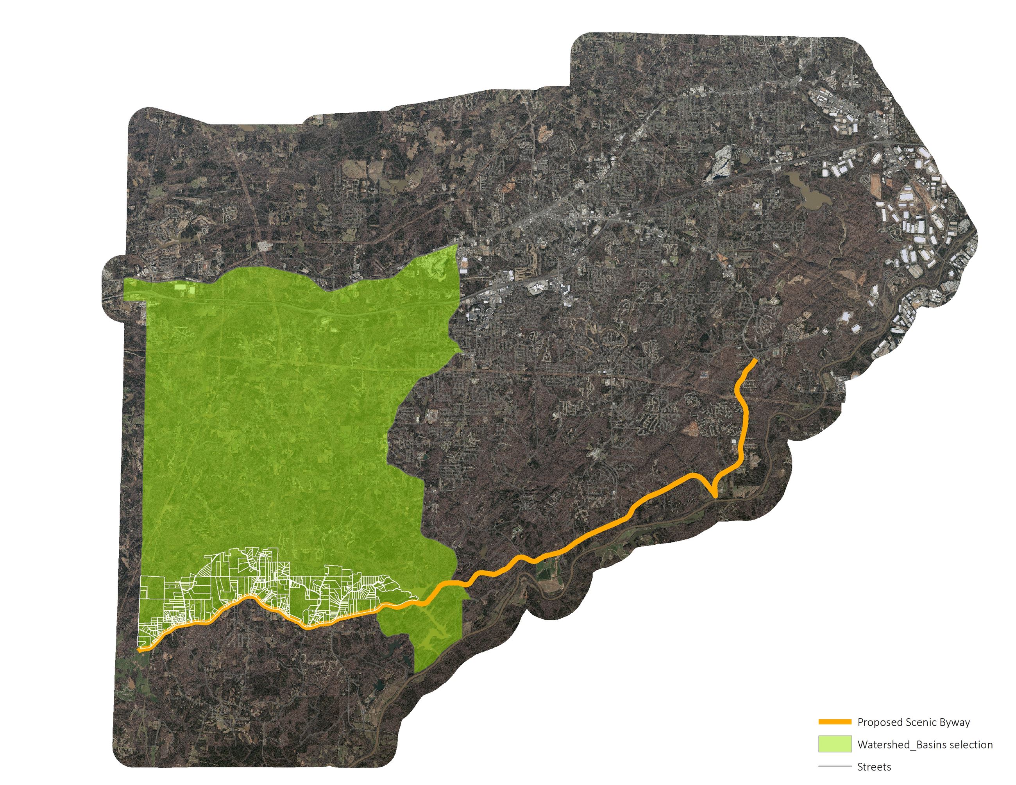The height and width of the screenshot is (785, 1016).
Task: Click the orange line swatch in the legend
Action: pyautogui.click(x=835, y=722)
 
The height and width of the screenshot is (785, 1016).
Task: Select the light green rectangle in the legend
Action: pyautogui.click(x=835, y=744)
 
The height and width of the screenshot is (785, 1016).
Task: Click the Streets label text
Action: pyautogui.click(x=874, y=767)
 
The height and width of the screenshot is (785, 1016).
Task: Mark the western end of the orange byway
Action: pyautogui.click(x=140, y=650)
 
